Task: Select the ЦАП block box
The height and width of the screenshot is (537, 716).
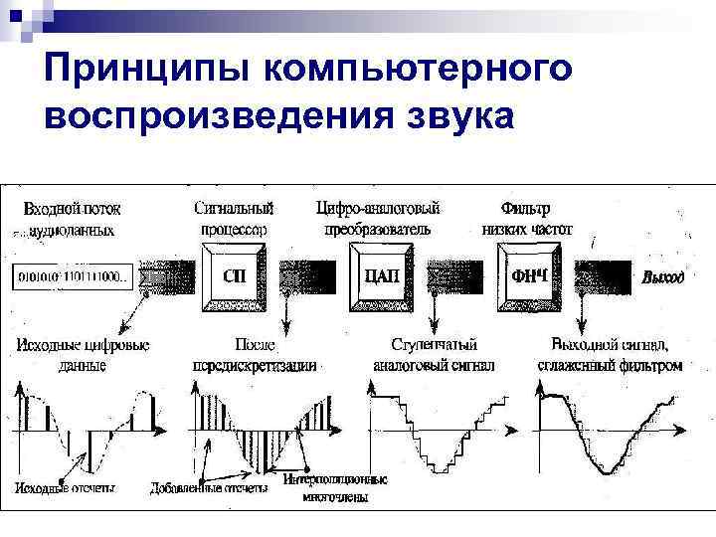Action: point(383,274)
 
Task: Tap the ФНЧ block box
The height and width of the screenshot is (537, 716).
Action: point(529,274)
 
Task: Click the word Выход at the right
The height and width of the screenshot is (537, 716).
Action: point(662,277)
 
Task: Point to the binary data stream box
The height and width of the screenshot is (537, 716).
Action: point(72,276)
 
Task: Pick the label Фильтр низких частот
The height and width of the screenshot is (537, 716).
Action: point(527,218)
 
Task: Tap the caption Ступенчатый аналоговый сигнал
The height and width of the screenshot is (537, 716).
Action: point(434,355)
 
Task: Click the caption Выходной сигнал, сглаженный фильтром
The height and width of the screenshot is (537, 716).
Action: point(617,355)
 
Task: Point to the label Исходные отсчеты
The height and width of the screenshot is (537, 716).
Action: point(65,488)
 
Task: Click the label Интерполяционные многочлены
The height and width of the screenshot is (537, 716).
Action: point(335,487)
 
